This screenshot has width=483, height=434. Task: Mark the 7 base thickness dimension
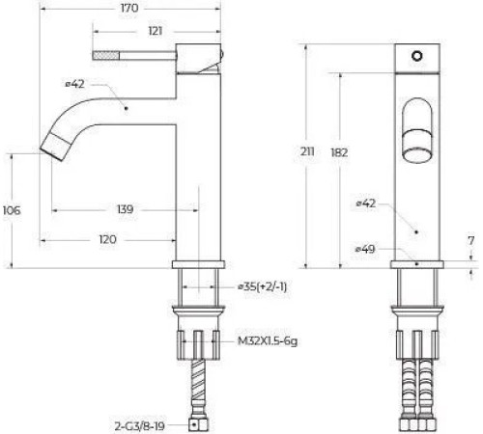(x=470, y=239)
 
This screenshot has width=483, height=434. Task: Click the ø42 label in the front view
(x=364, y=203)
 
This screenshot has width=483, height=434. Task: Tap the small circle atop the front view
(x=416, y=57)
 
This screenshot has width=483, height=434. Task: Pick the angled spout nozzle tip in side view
(x=53, y=147)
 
